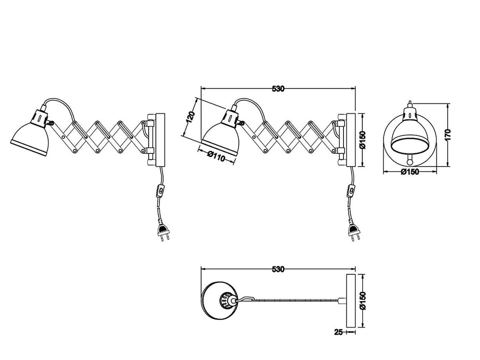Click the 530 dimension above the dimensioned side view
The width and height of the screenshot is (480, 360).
point(278,89)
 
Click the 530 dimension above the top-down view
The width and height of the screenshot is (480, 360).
point(278,270)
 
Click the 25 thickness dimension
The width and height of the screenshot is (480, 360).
point(338,332)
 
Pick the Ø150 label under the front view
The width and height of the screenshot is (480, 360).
point(410,172)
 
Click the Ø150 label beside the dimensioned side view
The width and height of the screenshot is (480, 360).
point(362,140)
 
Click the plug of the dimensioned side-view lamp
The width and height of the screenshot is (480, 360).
point(354,232)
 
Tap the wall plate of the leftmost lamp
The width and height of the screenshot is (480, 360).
point(160,140)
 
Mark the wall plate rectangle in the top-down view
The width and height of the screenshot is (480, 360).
point(351,304)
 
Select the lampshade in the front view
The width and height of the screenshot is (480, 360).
point(410,138)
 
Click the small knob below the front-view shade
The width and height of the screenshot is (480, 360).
point(410,162)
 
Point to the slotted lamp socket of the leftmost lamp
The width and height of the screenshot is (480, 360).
point(40,119)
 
